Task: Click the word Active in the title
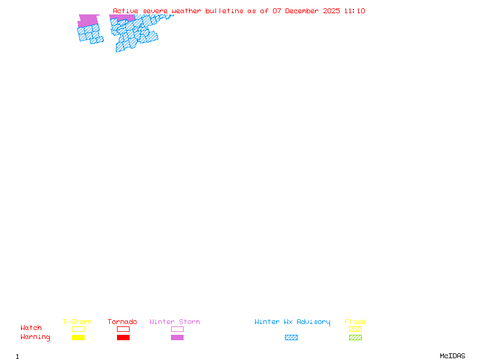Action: click(126, 11)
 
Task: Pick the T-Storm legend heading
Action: click(77, 322)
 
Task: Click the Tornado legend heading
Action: click(122, 322)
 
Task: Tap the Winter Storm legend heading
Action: click(175, 322)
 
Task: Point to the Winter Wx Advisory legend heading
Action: click(292, 322)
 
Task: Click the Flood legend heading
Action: click(355, 322)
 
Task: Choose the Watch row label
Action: click(31, 328)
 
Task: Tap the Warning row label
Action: click(35, 337)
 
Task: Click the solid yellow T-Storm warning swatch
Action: click(78, 338)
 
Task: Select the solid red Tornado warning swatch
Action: click(123, 338)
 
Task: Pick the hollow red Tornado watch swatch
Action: click(123, 329)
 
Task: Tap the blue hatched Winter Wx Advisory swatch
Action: click(291, 338)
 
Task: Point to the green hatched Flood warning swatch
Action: click(355, 338)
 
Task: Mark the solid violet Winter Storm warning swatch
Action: click(177, 338)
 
